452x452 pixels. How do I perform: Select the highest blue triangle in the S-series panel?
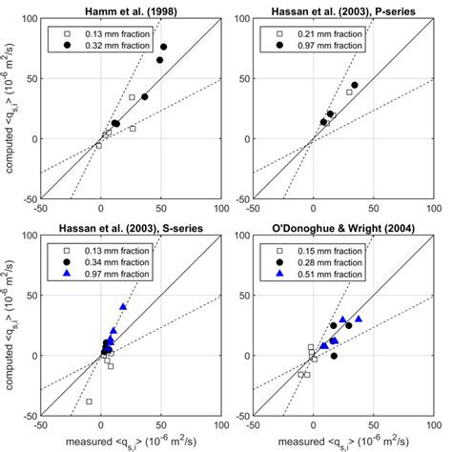[123, 307]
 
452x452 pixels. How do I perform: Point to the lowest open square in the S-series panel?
[90, 401]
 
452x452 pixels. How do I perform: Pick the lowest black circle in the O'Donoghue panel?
[334, 356]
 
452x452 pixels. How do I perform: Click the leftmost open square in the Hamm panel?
[98, 145]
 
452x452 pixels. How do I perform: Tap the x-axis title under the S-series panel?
[132, 442]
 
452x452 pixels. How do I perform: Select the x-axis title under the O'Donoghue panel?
[344, 442]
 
